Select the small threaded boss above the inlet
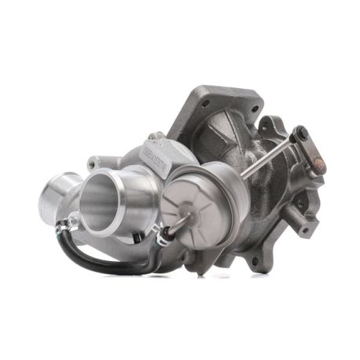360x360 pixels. coord(94,163)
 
